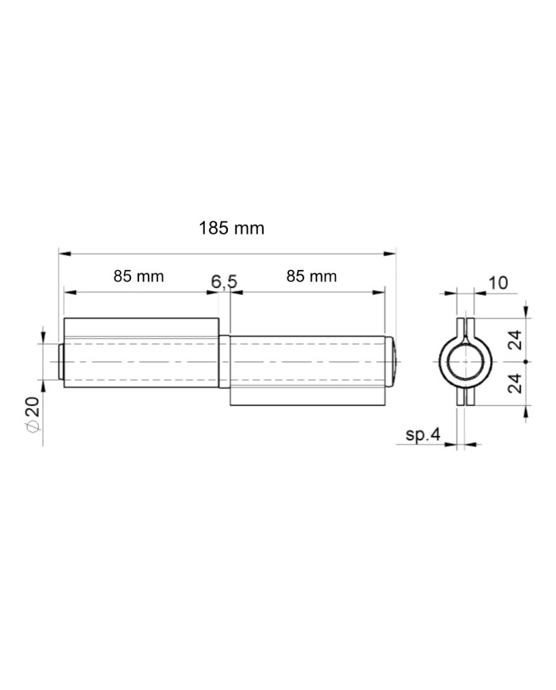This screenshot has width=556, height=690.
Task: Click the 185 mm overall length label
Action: coord(232,229)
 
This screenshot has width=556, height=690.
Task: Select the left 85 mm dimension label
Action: coord(139,276)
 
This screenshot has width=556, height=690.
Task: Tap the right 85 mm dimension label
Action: coord(311,276)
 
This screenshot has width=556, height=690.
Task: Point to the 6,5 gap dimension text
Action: coord(224,282)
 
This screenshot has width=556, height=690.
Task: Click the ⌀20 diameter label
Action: coord(34,414)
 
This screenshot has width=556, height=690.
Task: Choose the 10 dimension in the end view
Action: coord(498,283)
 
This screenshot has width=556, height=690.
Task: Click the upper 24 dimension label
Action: coord(515,340)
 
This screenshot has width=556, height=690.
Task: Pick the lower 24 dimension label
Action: coord(515,383)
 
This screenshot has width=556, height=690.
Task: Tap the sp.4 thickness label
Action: coord(423,435)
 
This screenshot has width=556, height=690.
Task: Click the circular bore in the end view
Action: coord(465,362)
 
